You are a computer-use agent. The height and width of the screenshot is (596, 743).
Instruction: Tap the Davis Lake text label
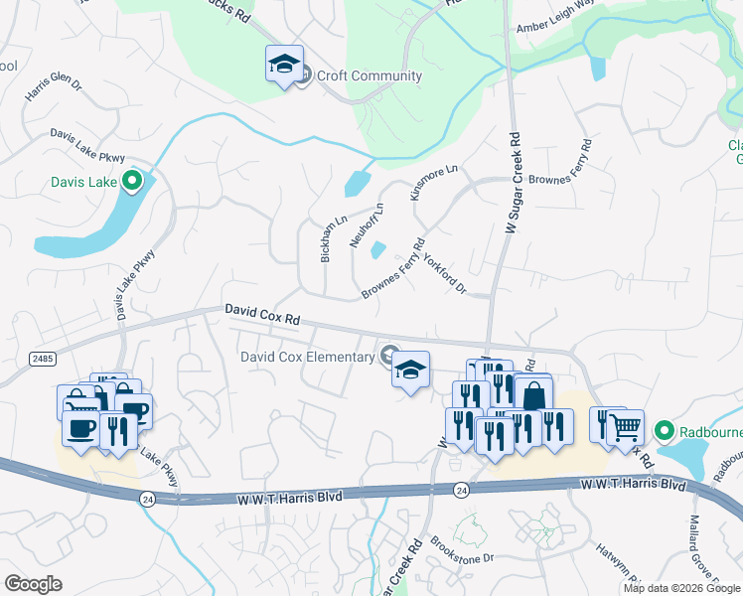pyautogui.click(x=83, y=182)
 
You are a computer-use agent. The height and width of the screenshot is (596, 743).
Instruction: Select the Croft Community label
pyautogui.click(x=369, y=75)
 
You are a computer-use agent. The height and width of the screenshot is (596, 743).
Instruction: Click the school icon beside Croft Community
pyautogui.click(x=284, y=65)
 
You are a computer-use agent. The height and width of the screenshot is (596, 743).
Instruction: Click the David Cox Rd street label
pyautogui.click(x=261, y=316)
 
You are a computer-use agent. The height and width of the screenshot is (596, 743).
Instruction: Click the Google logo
pyautogui.click(x=34, y=584)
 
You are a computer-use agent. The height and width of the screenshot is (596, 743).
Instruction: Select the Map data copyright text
pyautogui.click(x=680, y=588)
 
